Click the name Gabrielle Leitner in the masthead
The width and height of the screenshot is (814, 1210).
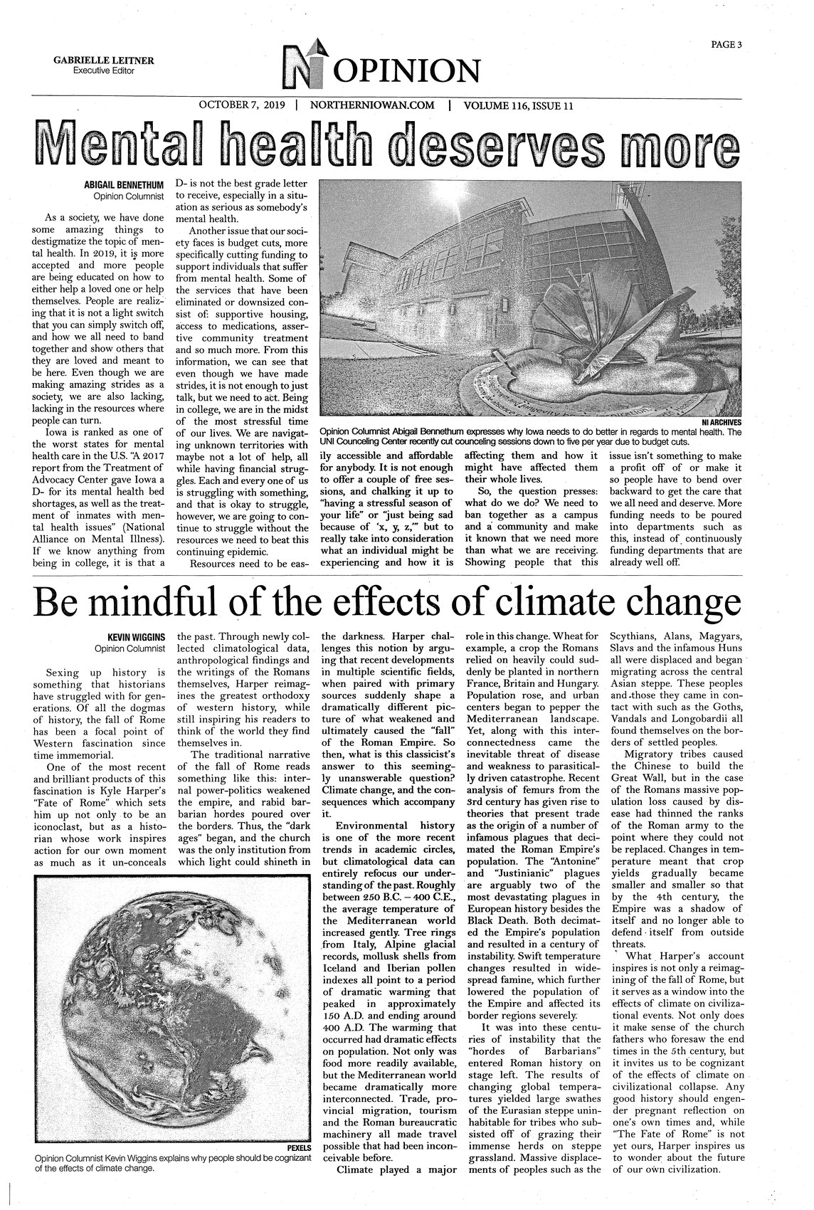click(104, 60)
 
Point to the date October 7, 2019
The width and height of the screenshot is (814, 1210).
click(241, 105)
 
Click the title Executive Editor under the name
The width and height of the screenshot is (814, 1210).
click(104, 70)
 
